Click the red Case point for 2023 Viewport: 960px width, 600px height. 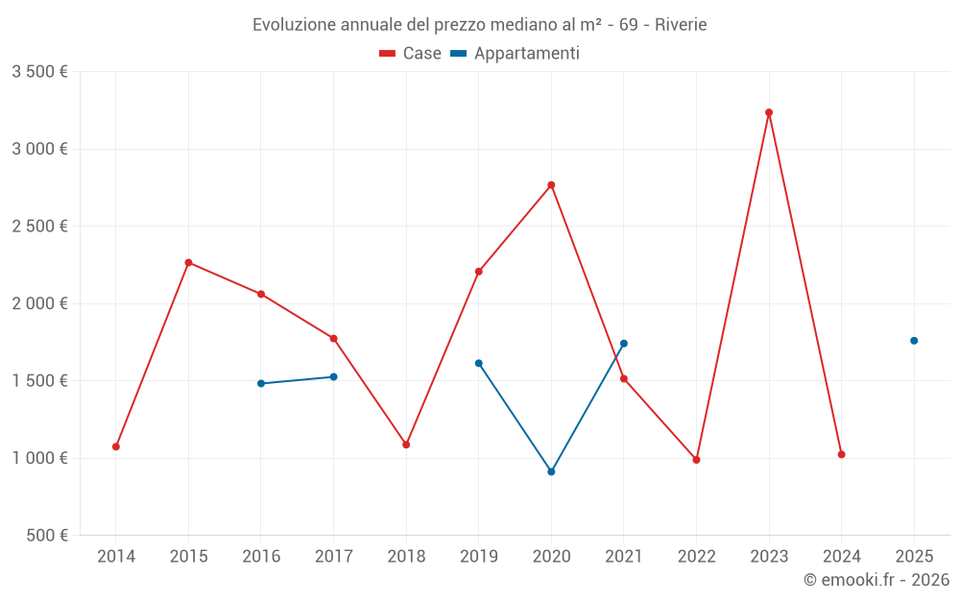[x=769, y=112]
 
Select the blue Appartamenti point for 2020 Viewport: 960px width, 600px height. [x=551, y=471]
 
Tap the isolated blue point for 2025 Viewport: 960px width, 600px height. [x=914, y=341]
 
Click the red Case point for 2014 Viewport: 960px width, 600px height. [x=116, y=446]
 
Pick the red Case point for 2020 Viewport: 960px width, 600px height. [x=551, y=185]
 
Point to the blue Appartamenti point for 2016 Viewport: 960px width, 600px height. [x=261, y=383]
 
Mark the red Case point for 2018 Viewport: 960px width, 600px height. [x=406, y=444]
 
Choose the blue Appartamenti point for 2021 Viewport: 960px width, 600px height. [x=624, y=344]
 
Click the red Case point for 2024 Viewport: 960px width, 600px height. [x=841, y=454]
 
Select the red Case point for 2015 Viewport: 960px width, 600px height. [x=188, y=262]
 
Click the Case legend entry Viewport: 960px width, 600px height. [x=411, y=54]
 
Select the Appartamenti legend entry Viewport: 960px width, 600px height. [x=516, y=54]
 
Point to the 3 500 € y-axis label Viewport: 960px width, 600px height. [x=39, y=72]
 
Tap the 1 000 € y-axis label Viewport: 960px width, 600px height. [x=39, y=458]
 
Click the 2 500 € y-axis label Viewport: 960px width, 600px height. [x=39, y=227]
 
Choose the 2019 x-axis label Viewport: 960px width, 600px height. [x=479, y=556]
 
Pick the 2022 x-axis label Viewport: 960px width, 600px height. [x=696, y=556]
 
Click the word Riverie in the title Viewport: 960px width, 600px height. [x=681, y=25]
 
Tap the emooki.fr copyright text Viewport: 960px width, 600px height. [x=876, y=580]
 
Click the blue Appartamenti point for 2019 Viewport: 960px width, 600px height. [x=479, y=363]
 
